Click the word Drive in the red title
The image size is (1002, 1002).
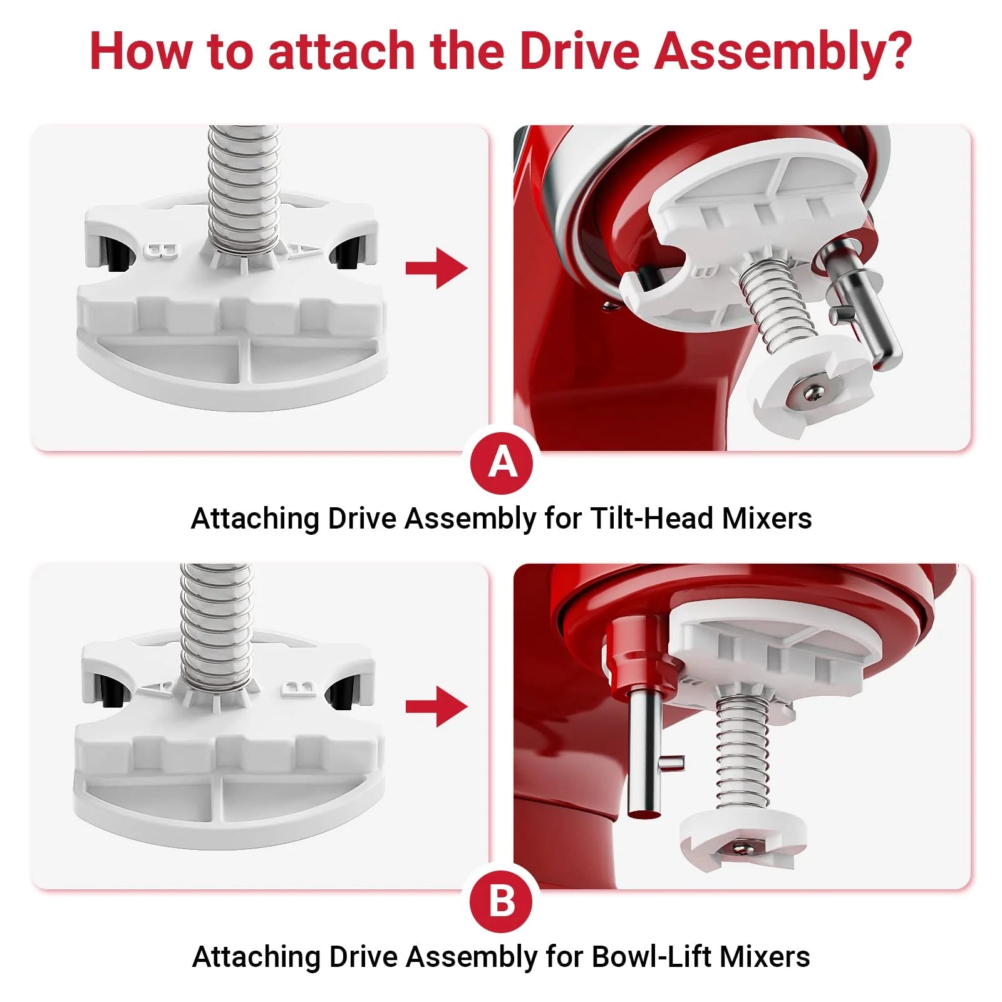(x=579, y=51)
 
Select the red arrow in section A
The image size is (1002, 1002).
(x=436, y=269)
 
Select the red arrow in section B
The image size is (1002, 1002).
(x=436, y=707)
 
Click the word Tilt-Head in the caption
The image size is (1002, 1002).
(x=653, y=519)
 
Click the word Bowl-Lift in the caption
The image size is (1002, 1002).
(x=652, y=957)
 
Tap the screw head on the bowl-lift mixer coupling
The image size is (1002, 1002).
(x=743, y=849)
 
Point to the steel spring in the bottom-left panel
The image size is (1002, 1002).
(x=217, y=626)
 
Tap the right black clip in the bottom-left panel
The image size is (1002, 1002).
(x=343, y=695)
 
